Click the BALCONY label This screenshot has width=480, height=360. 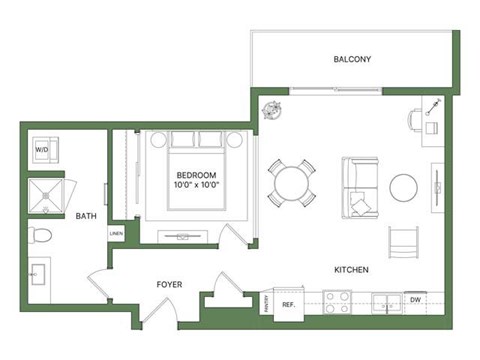(x=352, y=60)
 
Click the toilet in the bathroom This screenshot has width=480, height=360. (x=41, y=236)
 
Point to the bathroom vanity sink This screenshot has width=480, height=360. (x=39, y=272)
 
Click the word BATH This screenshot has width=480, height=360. (x=87, y=215)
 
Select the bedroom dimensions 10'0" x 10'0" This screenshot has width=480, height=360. (x=197, y=184)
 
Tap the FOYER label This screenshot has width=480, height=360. (x=169, y=284)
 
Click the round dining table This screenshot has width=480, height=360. (x=291, y=183)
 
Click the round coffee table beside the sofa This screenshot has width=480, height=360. (x=404, y=188)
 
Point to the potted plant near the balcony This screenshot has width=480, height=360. (x=270, y=112)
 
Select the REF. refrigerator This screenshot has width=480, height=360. (x=289, y=303)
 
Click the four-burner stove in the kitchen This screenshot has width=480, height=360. (x=337, y=302)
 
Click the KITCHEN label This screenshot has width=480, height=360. (x=352, y=270)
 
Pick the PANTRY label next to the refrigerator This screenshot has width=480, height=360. (x=267, y=303)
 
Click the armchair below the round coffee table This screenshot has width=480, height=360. (x=403, y=241)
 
